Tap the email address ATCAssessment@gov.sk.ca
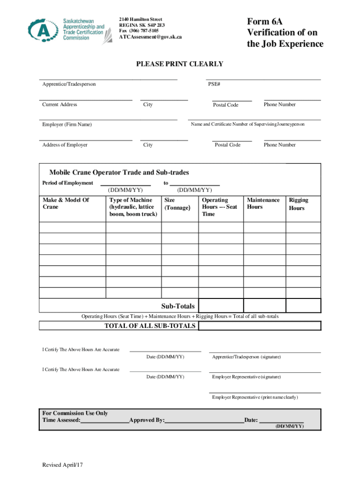coord(150,37)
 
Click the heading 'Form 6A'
coord(265,22)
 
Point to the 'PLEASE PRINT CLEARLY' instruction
coord(180,64)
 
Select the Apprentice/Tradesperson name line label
coord(69,84)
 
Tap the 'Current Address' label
coord(59,105)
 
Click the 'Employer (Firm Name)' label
coord(67,125)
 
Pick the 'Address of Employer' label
coord(65,145)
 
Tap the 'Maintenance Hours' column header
coord(263,203)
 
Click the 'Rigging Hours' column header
coord(298,204)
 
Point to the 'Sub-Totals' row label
coord(178,306)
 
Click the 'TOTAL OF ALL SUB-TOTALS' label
coord(150,326)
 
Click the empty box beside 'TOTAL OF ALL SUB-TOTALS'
coord(260,326)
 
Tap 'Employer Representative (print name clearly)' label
coord(255,397)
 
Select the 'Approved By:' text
coord(147,420)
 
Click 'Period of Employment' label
coord(67,183)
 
